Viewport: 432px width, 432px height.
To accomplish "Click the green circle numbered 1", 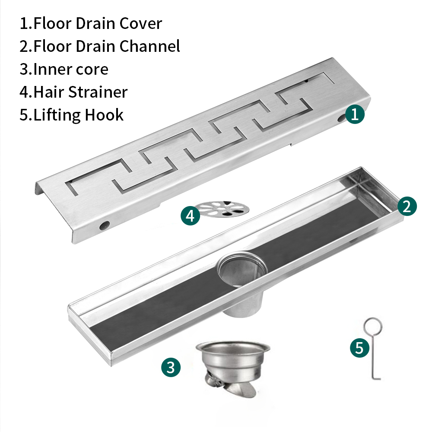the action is pos(355,114).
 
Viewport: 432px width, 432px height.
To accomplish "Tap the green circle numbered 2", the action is pos(407,206).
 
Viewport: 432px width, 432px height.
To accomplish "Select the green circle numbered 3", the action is pos(171,367).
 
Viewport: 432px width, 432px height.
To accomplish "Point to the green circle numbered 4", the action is pos(191,216).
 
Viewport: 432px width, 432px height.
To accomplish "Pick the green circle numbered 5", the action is pos(360,348).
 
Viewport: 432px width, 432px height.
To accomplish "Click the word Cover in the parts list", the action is pos(140,23).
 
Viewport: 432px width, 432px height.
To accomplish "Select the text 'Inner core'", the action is pos(71,69).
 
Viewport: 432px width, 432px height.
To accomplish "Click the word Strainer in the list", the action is pos(98,92).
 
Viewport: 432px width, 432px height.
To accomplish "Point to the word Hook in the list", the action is pos(104,114).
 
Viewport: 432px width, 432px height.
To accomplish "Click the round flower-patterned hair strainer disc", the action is pos(223,209).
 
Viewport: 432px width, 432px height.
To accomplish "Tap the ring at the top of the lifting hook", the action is pos(373,327).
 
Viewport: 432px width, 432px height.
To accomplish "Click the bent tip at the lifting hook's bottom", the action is pos(377,378).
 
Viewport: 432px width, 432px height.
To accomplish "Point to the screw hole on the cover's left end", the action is pos(105,225).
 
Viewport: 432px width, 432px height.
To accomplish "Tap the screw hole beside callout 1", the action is pos(342,118).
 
